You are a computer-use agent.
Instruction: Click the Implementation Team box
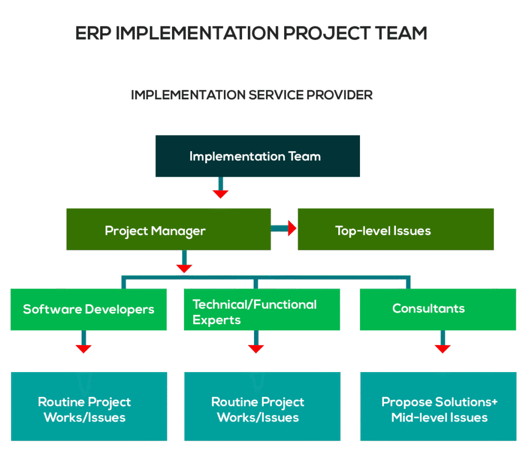coord(257,156)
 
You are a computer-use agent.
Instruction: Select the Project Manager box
coord(168,230)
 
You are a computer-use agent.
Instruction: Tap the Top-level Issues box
coord(395,230)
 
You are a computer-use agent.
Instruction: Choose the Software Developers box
coord(89,309)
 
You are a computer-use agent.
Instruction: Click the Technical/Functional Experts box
coord(262,310)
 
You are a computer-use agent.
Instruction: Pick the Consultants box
coord(437,309)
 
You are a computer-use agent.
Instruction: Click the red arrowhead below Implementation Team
coord(220,194)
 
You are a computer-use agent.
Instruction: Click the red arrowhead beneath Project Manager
coord(184,268)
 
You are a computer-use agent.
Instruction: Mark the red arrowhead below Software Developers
coord(83,348)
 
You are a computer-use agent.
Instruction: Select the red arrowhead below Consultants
coord(442,348)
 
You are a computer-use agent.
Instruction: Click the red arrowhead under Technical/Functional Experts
coord(256,348)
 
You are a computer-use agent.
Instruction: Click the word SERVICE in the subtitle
coord(275,95)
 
